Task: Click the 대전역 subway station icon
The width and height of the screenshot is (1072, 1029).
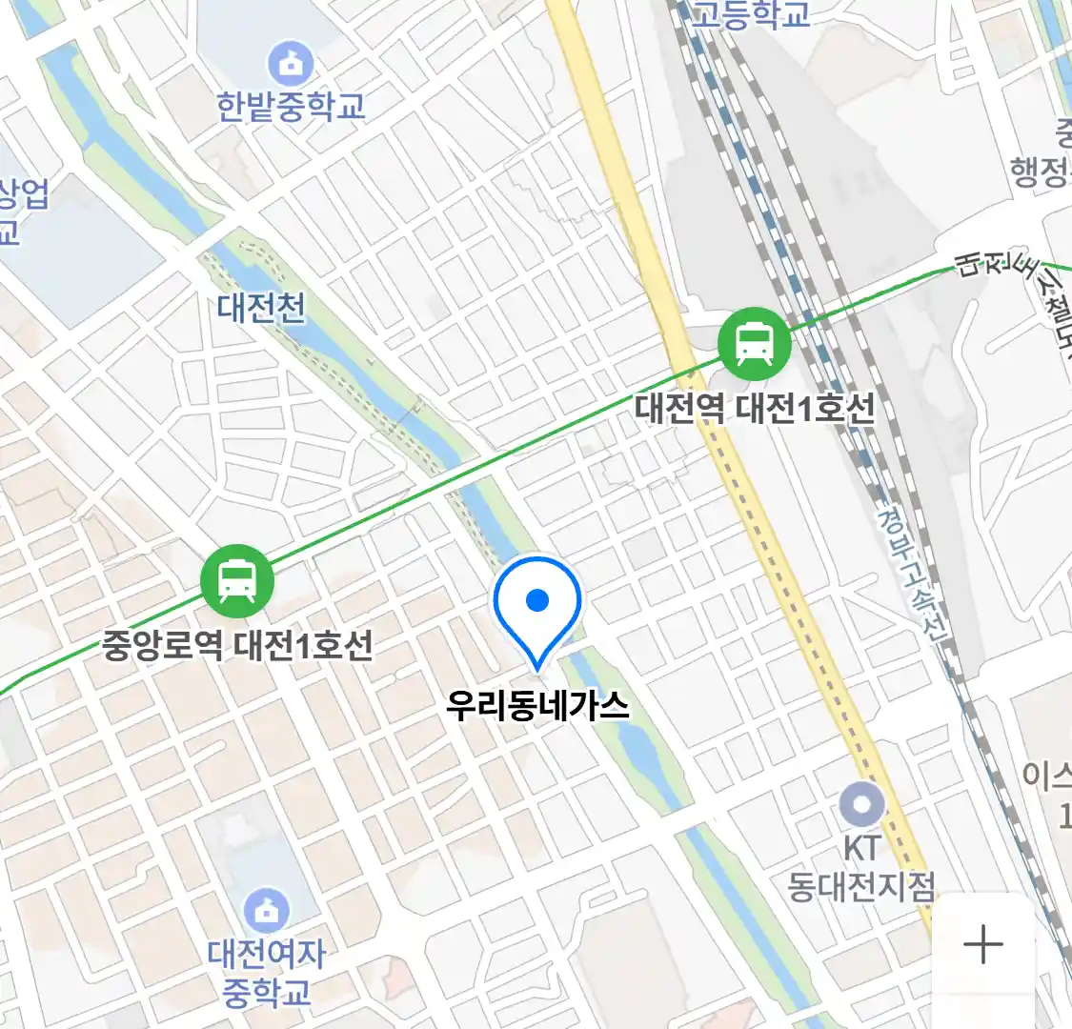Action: (x=755, y=343)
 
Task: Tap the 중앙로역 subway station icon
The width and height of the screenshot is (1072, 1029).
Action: (x=237, y=581)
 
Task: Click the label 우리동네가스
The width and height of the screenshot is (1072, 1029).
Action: (x=538, y=705)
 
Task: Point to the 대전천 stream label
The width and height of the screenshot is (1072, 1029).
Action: (x=261, y=308)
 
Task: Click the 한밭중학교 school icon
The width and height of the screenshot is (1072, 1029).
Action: (x=291, y=64)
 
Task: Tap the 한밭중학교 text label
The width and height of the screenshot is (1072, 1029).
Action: (x=291, y=106)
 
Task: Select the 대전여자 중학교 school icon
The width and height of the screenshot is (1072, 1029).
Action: (x=267, y=911)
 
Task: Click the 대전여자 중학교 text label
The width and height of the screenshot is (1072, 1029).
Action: (x=267, y=972)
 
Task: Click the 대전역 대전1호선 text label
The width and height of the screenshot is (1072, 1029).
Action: (x=755, y=409)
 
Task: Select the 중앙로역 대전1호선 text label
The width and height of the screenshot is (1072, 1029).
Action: (x=237, y=646)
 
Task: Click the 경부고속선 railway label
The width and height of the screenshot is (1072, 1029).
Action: (x=913, y=573)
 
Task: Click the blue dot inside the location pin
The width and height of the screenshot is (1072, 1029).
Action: (x=537, y=600)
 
